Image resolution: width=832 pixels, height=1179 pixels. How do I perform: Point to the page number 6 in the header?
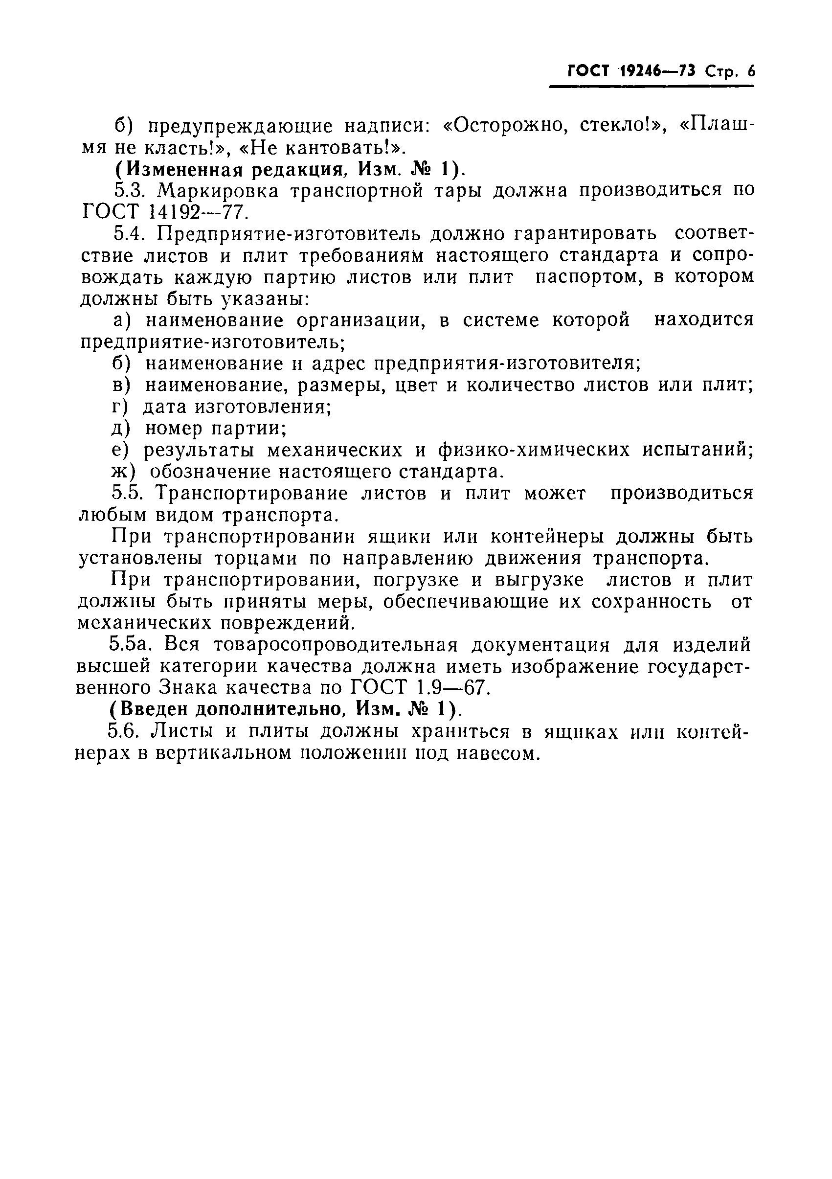pyautogui.click(x=751, y=71)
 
